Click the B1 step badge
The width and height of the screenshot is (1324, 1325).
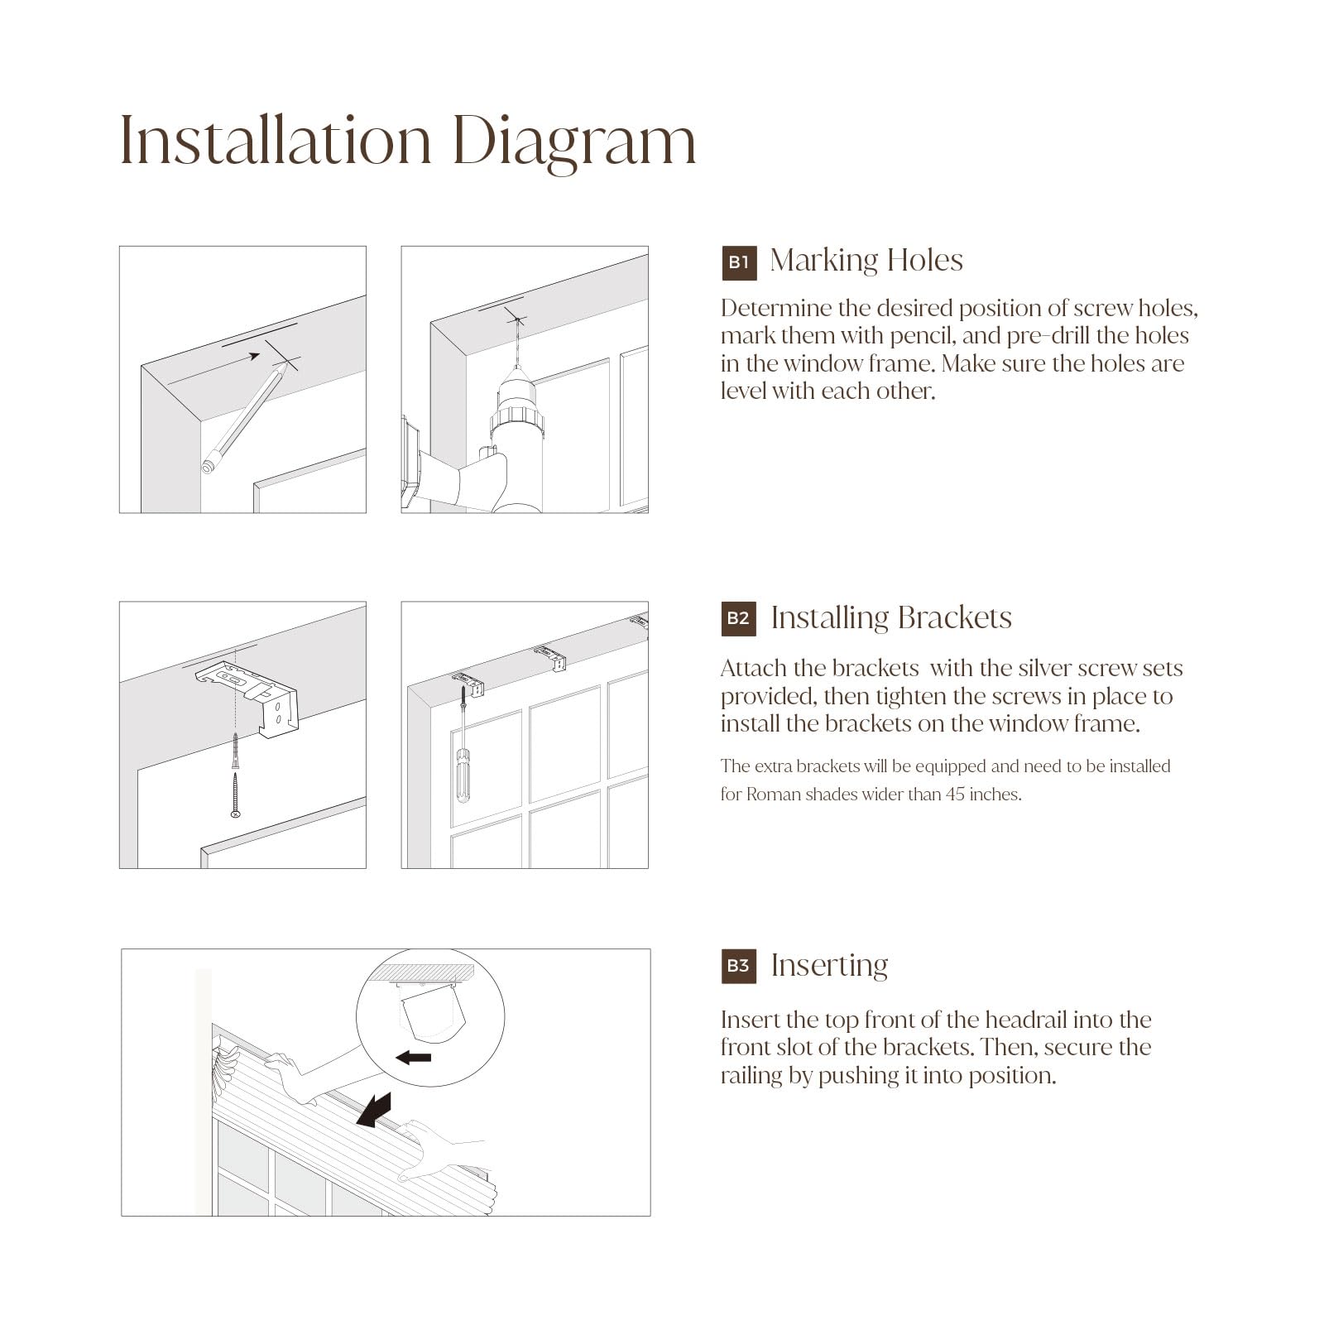(739, 262)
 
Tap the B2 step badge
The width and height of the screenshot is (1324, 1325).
(739, 618)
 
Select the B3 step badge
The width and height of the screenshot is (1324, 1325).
(739, 966)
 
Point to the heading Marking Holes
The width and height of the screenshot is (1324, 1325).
(866, 261)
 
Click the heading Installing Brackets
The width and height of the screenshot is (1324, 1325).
(891, 618)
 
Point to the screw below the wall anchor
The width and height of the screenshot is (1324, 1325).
(236, 795)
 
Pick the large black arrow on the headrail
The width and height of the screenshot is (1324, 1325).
(374, 1109)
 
